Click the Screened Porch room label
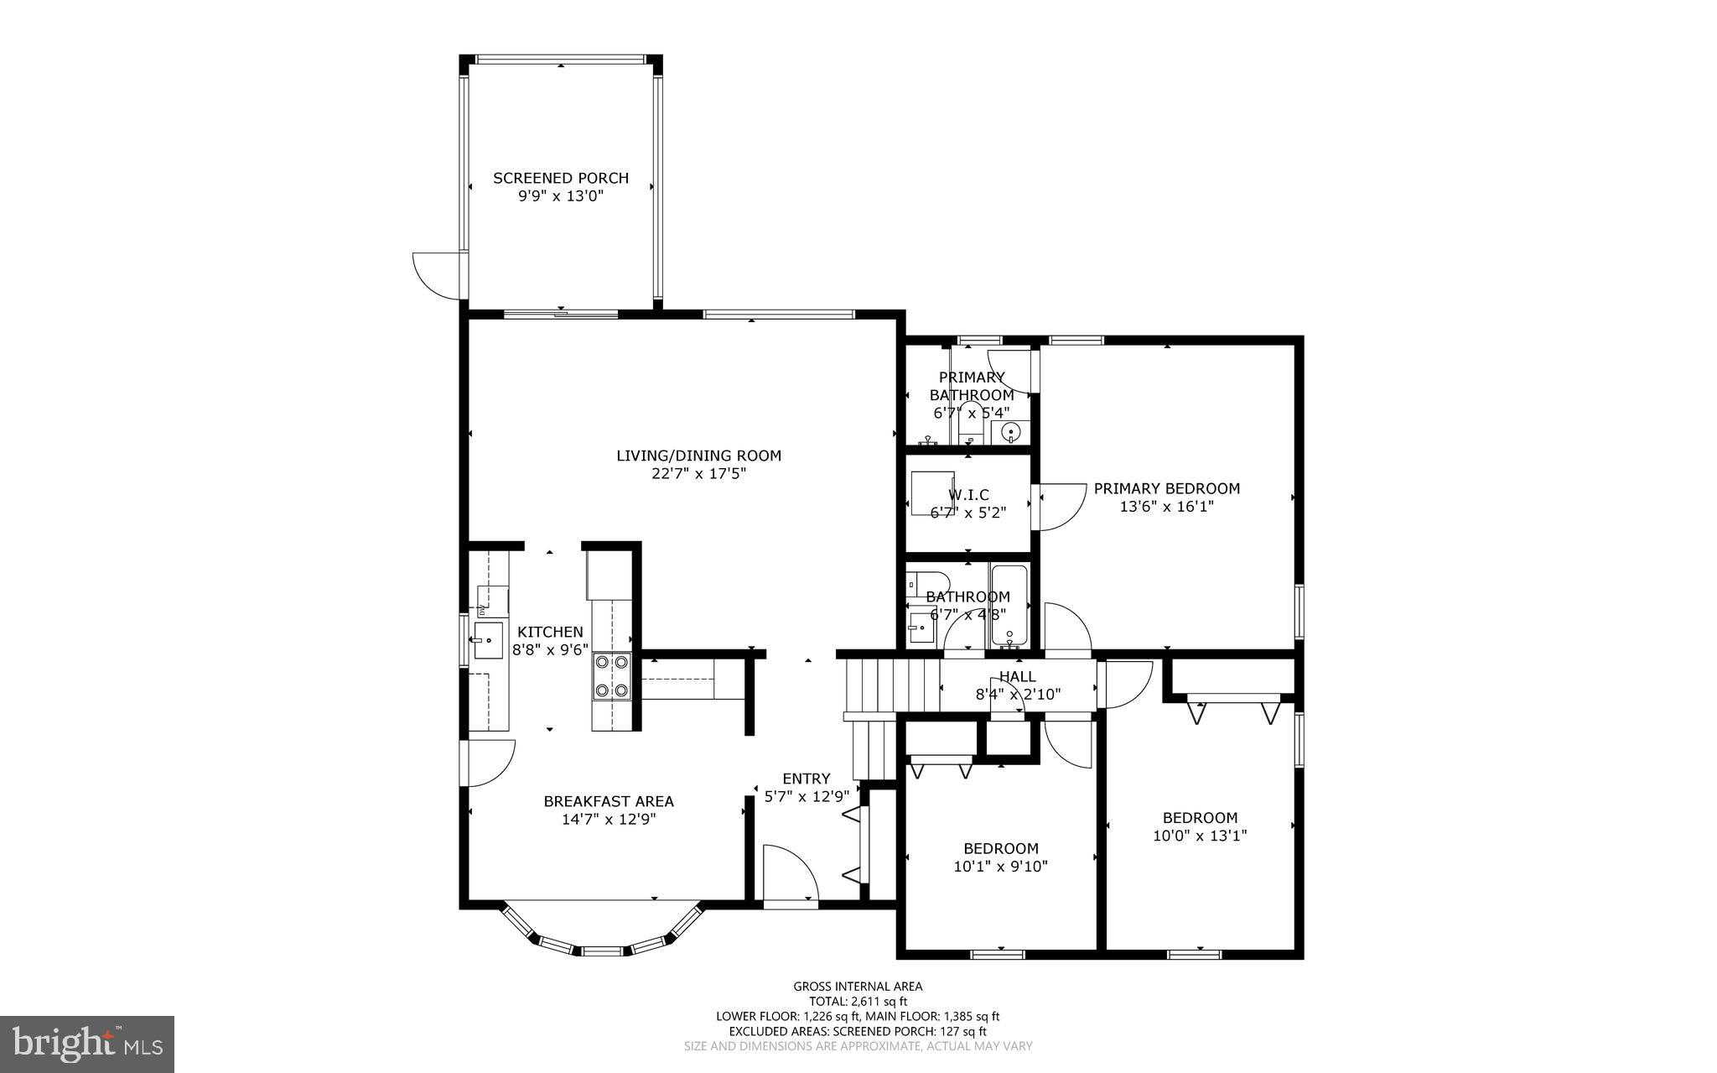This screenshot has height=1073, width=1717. coord(560,178)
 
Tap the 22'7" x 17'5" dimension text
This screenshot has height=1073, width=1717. coord(698,474)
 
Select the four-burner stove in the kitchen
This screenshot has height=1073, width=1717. coord(611,676)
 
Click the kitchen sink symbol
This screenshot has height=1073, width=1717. coord(488,640)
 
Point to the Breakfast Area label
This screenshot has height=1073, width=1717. coord(609,801)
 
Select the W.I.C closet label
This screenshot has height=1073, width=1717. coord(968,495)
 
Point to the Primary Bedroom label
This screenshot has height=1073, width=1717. coord(1166,488)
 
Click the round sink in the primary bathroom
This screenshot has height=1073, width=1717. coord(1010,433)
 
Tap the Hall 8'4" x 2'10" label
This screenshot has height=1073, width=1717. coord(1018,685)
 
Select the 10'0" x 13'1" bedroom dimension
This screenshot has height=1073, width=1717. coord(1200,836)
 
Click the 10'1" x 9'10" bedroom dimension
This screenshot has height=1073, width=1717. coord(1000,867)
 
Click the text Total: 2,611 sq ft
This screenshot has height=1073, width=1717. coord(858,1001)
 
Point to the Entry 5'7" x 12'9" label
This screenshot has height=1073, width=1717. coord(807,787)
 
